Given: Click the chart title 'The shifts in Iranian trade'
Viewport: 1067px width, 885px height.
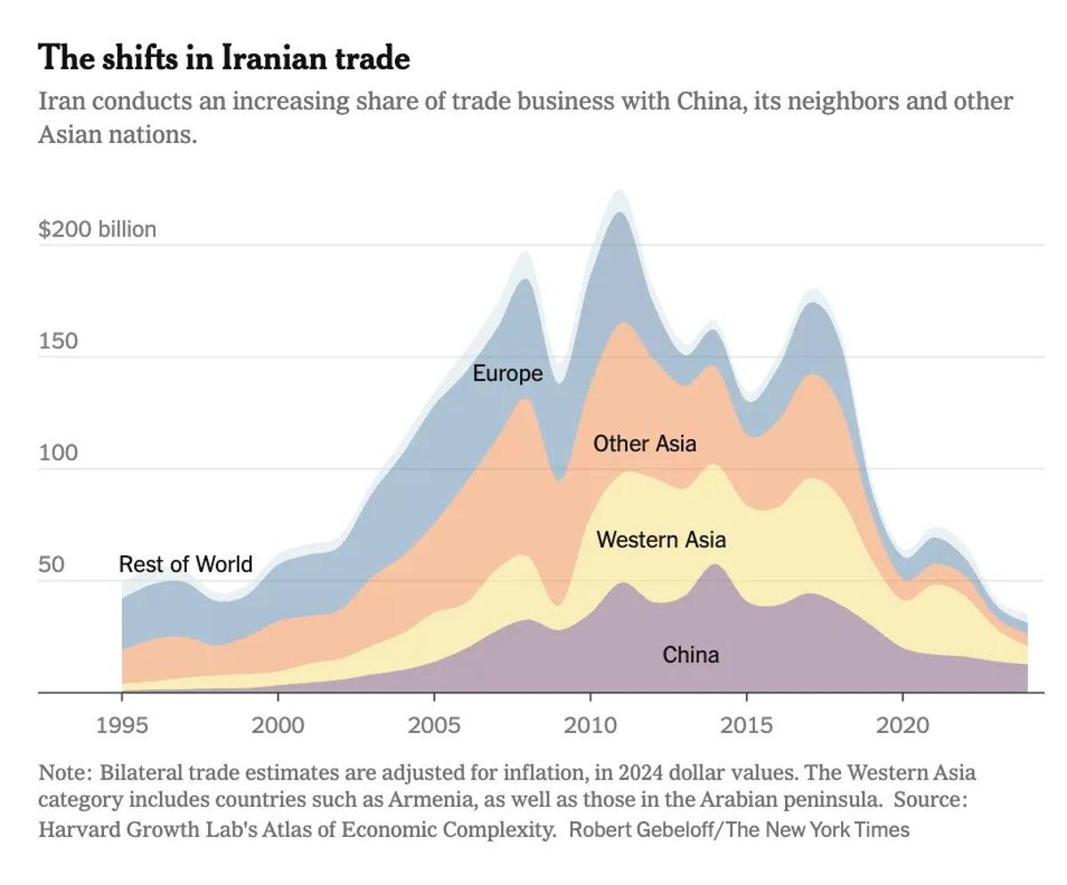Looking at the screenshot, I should tap(224, 59).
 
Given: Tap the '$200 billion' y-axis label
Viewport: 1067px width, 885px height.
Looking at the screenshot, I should tap(97, 229).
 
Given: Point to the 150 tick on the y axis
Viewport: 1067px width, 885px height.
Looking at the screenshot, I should tap(58, 341).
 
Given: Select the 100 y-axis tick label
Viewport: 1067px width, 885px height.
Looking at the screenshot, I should tap(58, 453).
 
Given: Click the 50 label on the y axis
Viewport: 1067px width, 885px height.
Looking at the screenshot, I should tap(52, 565).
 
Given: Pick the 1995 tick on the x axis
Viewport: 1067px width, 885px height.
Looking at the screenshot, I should tap(122, 725).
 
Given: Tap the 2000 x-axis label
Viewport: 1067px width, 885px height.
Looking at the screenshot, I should tap(278, 725).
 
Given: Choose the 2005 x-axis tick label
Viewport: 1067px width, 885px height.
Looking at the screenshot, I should tap(434, 725).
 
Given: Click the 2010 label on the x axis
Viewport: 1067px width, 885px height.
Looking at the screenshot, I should tap(590, 725).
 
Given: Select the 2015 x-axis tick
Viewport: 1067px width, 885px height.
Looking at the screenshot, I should tap(746, 725).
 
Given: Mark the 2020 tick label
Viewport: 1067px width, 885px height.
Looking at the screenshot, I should tap(903, 725).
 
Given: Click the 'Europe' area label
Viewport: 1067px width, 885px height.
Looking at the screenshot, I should tap(507, 374).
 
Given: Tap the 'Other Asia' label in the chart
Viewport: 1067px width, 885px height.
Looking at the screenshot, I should tap(645, 443).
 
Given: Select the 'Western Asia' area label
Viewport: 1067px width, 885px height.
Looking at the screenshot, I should tap(661, 539).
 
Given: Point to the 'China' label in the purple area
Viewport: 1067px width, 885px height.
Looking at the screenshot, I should tap(691, 655).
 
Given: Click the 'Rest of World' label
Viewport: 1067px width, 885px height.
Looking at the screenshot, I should tap(185, 564).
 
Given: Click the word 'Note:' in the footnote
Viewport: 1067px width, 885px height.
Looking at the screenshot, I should tap(64, 773).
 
